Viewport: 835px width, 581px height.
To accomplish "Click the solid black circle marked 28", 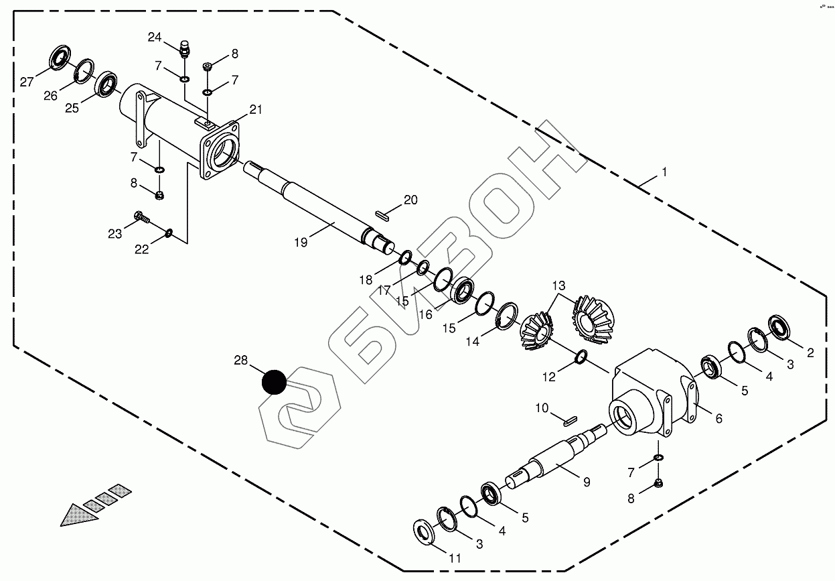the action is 274,382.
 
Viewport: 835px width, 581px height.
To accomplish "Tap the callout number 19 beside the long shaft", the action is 301,243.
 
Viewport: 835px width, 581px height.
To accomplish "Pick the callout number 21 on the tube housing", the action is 256,110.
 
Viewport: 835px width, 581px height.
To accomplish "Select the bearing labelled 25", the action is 106,84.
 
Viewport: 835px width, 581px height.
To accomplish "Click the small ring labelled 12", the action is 581,357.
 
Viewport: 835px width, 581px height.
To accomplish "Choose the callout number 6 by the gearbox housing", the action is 718,418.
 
